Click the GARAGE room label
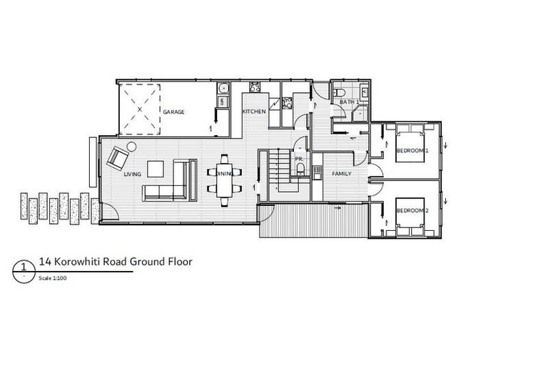coord(174,113)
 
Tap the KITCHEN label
coord(254,112)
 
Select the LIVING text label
coord(132,174)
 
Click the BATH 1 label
coord(348,102)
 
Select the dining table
coord(223,180)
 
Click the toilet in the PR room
coord(301,170)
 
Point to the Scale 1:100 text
coord(54,279)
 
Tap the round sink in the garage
coord(222,89)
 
